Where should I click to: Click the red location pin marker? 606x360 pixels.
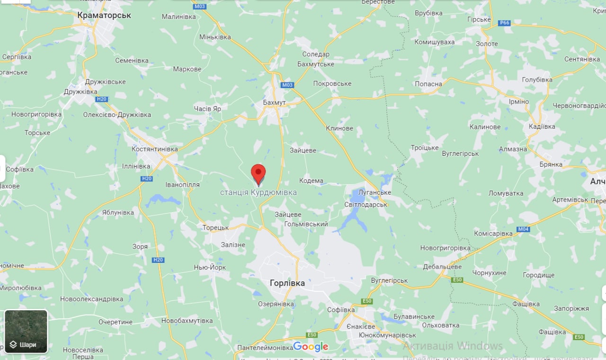[x=258, y=174]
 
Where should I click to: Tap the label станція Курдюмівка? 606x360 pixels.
[x=258, y=192]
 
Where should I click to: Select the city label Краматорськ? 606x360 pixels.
[x=104, y=15]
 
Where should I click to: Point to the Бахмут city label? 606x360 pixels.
[x=275, y=102]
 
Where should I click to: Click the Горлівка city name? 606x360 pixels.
[x=287, y=283]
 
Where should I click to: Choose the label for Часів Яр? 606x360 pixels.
[x=207, y=108]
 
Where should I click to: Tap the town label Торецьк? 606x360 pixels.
[x=215, y=227]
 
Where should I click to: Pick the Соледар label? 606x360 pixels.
[x=316, y=54]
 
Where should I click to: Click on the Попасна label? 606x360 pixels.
[x=428, y=84]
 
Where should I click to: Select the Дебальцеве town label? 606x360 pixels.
[x=442, y=267]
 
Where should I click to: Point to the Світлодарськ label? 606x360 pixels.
[x=366, y=204]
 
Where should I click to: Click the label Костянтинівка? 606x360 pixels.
[x=154, y=149]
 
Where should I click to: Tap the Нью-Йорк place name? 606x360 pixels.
[x=210, y=268]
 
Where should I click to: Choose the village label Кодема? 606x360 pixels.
[x=312, y=180]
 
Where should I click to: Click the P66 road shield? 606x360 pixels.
[x=504, y=23]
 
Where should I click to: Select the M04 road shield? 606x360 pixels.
[x=523, y=229]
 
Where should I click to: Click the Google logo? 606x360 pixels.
[x=311, y=347]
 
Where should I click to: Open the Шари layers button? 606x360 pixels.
[x=26, y=332]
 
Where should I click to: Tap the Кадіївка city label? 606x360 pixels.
[x=542, y=126]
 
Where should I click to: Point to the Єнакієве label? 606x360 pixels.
[x=360, y=326]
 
